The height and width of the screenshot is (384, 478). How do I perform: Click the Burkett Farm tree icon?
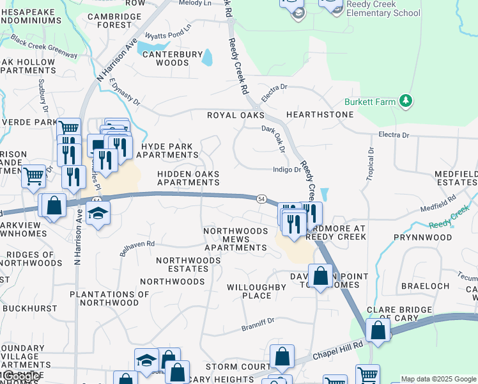point(405,101)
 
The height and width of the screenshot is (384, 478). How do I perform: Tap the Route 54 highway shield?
point(261,199)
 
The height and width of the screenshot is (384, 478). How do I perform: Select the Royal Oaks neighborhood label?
point(235,115)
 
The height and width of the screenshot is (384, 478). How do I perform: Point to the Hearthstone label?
point(320,115)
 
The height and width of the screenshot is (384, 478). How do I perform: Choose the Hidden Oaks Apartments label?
point(189,179)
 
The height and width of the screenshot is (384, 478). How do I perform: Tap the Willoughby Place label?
point(257,292)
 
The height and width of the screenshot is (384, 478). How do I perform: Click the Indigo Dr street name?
point(286,170)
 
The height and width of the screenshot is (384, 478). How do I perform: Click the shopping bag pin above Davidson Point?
point(321,276)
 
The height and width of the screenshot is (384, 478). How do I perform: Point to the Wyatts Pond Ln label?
point(168,33)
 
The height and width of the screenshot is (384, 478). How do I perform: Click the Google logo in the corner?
point(21,376)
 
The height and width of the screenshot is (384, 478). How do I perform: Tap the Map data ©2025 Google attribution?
point(438,379)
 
